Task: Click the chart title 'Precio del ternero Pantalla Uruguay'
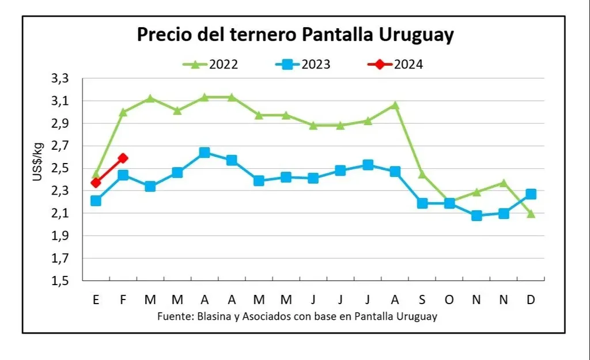[295, 35]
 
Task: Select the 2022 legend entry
[211, 64]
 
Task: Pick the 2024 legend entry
[396, 64]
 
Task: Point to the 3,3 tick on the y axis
[59, 78]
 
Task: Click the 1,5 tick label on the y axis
[59, 281]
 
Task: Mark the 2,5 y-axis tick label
[59, 168]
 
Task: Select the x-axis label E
[96, 300]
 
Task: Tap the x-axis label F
[123, 300]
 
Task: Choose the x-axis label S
[422, 300]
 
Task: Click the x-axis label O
[449, 300]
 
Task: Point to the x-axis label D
[531, 300]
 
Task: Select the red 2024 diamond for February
[123, 158]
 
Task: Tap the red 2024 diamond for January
[96, 183]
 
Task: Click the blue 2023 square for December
[531, 194]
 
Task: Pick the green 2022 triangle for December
[531, 214]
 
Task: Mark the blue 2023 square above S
[422, 203]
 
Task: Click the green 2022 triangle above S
[422, 173]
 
